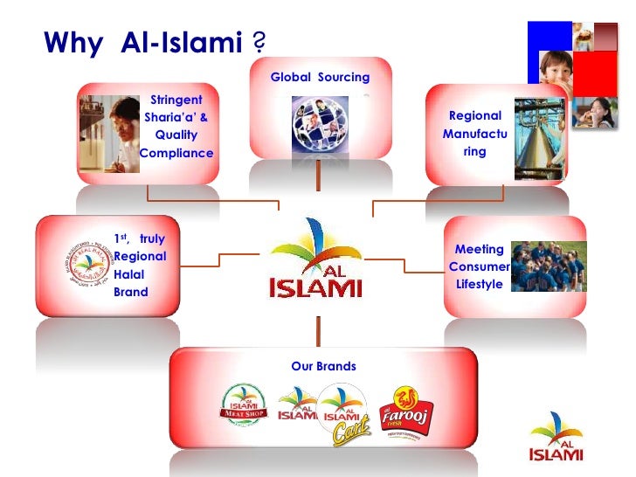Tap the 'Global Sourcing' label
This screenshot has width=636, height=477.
pos(320,78)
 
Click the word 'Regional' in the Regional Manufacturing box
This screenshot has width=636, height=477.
pos(474,115)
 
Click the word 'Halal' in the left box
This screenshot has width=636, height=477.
pos(130,274)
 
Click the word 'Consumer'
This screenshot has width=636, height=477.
pos(479,266)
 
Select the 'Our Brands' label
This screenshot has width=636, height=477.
pos(323,366)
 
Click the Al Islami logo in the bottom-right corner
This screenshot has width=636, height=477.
pos(556,436)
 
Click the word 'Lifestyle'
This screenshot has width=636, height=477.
pos(479,284)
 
